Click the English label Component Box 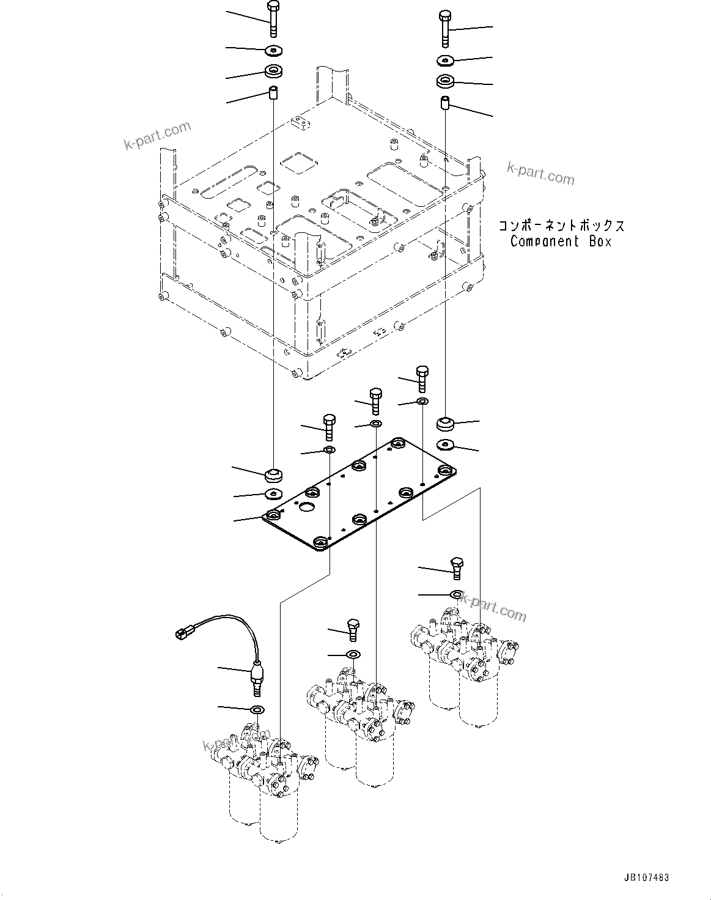(x=561, y=241)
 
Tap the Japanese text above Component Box (x=561, y=226)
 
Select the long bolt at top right (x=445, y=29)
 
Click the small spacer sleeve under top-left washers (x=273, y=94)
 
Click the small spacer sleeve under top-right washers (x=446, y=102)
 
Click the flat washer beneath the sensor (x=257, y=710)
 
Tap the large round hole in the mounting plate (x=306, y=507)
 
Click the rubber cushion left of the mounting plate (x=273, y=474)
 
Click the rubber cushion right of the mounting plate (x=446, y=423)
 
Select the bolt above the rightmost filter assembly (x=457, y=567)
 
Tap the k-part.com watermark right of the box (x=540, y=174)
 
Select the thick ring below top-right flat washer (x=446, y=80)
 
